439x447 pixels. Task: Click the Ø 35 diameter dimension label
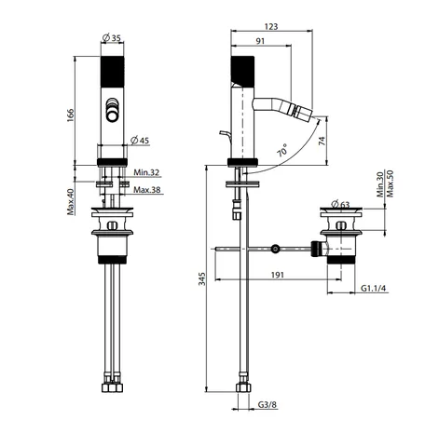[x=111, y=38]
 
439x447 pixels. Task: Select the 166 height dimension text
[x=71, y=115]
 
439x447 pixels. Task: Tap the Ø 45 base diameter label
[x=140, y=141]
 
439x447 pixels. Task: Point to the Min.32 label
[x=146, y=172]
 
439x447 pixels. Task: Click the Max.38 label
[x=147, y=189]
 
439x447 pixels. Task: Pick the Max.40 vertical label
[x=71, y=202]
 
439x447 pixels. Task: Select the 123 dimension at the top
[x=271, y=27]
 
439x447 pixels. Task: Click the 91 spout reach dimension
[x=260, y=41]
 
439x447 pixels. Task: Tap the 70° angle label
[x=283, y=150]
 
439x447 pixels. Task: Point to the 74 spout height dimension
[x=322, y=141]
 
